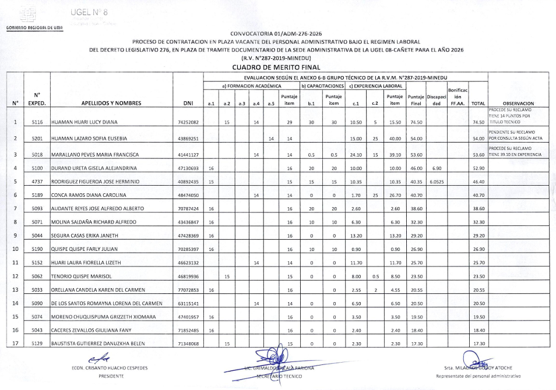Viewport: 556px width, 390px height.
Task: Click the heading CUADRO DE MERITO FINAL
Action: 277,68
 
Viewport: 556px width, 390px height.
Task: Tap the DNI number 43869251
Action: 188,139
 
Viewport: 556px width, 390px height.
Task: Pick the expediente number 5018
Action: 37,154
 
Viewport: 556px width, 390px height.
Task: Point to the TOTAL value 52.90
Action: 478,168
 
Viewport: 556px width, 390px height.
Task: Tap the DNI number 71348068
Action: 188,343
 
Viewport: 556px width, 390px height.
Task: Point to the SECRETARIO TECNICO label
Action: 280,376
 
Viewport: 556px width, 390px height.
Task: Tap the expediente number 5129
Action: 37,343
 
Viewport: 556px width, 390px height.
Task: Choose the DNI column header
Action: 188,104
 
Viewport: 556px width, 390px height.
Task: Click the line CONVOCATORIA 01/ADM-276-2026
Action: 277,34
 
